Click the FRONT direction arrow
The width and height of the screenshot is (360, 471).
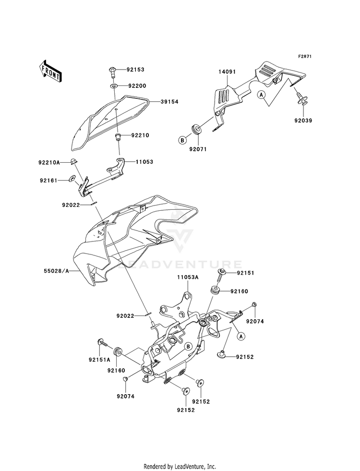pos(50,71)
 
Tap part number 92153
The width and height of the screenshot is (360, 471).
pos(135,70)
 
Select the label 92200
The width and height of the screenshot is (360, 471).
pos(137,86)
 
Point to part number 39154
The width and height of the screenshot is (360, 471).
pos(169,102)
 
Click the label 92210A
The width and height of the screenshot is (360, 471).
pos(49,163)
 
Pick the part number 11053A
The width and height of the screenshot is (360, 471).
pos(188,278)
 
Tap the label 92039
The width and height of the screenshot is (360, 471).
pos(303,121)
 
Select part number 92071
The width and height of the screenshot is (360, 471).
pos(198,149)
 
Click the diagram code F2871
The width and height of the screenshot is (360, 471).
pos(305,57)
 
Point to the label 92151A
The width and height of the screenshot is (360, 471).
pos(99,360)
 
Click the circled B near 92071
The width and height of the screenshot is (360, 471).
pos(182,140)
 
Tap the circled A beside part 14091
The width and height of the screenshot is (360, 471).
pos(262,95)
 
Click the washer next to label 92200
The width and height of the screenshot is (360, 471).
pos(113,86)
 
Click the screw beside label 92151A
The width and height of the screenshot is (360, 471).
pos(102,342)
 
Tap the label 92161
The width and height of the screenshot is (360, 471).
pos(48,181)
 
